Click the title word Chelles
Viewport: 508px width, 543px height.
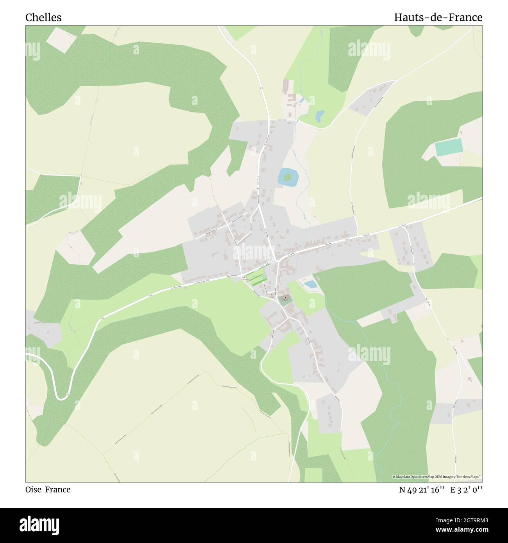pos(43,18)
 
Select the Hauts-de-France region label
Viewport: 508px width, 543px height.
pos(438,18)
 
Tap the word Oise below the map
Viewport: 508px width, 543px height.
pos(33,489)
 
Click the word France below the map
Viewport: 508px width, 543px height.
pos(58,489)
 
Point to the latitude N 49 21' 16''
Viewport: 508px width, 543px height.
pos(422,490)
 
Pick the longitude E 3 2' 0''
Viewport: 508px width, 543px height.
pos(466,490)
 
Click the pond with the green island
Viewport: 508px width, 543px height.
pos(288,177)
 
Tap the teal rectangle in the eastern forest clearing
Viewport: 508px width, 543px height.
pos(449,147)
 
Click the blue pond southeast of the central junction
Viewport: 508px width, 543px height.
pos(311,284)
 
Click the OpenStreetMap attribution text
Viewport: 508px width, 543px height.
pos(437,477)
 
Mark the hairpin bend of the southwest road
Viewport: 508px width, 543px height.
pos(62,398)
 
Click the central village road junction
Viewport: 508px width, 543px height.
pos(277,260)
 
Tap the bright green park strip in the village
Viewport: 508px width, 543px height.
pos(256,279)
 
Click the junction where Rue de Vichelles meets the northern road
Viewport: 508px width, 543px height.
pos(270,120)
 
